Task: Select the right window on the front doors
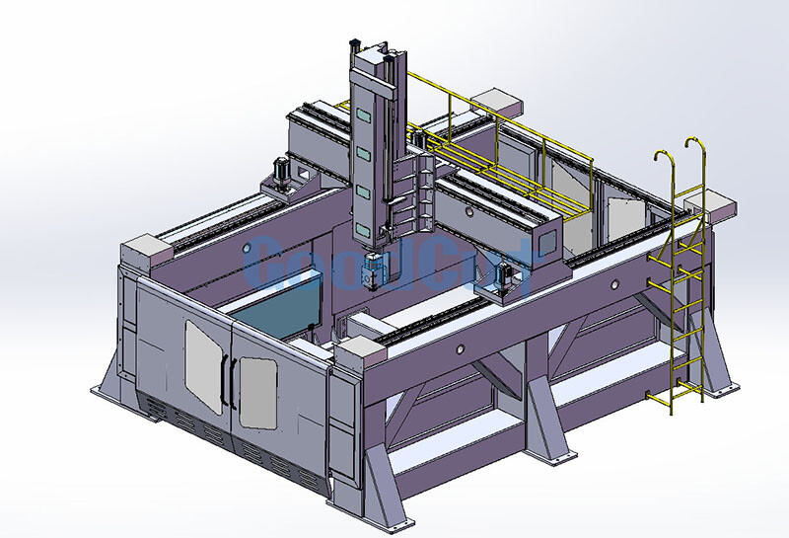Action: point(257,392)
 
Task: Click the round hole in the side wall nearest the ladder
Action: point(614,285)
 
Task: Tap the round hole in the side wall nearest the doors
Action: point(461,348)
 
